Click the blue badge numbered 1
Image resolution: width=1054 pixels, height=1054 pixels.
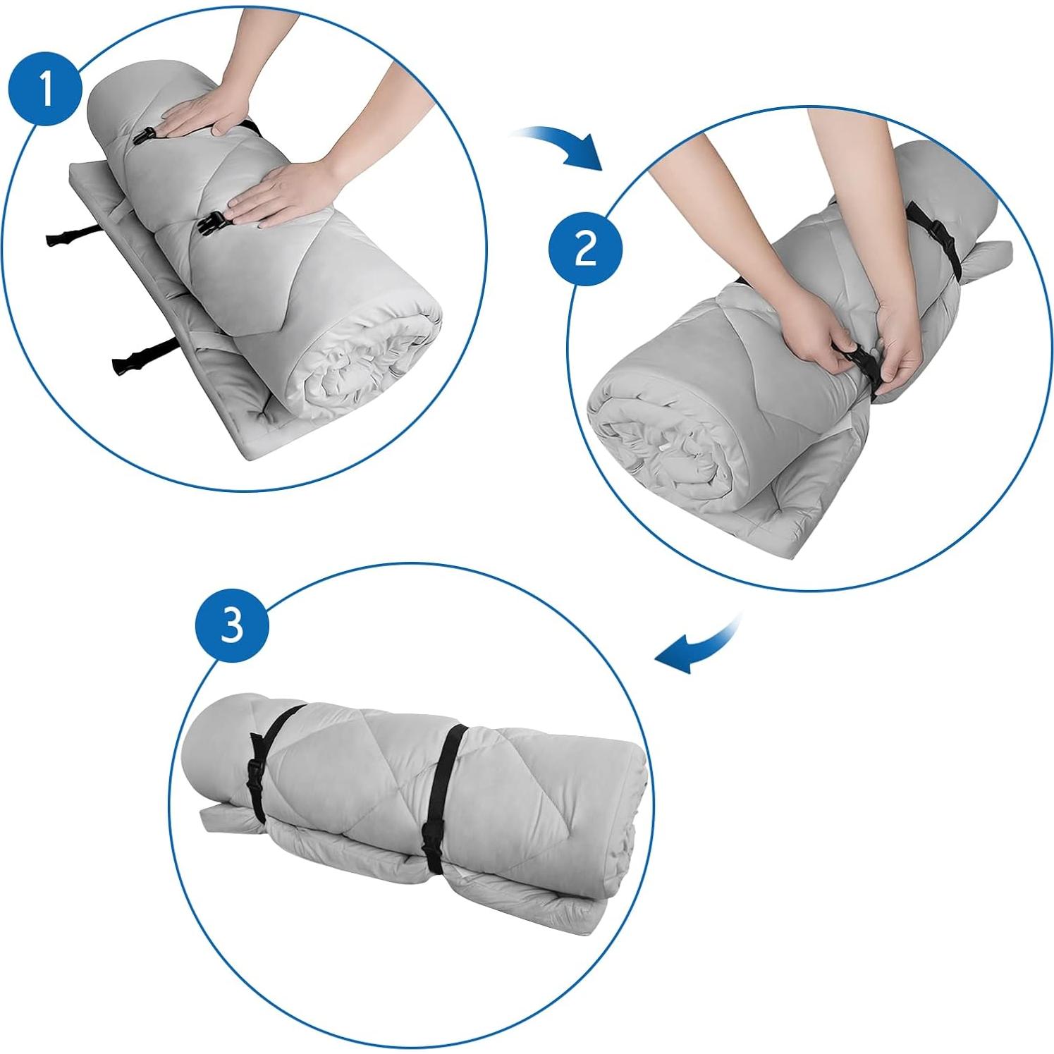coord(46,90)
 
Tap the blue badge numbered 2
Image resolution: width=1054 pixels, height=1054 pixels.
coord(585,248)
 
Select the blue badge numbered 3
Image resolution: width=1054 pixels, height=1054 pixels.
coord(231,625)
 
